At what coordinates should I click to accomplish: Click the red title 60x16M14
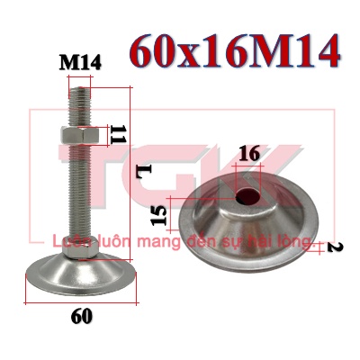point(235,52)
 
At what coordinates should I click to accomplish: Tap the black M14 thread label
point(80,63)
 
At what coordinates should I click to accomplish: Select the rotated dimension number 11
point(118,134)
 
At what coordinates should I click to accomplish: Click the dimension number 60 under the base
point(82,316)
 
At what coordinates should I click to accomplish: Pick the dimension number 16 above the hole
point(249,154)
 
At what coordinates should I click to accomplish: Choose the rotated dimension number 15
point(158,215)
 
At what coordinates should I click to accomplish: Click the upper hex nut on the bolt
point(80,136)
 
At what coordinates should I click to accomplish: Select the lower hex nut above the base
point(80,247)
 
